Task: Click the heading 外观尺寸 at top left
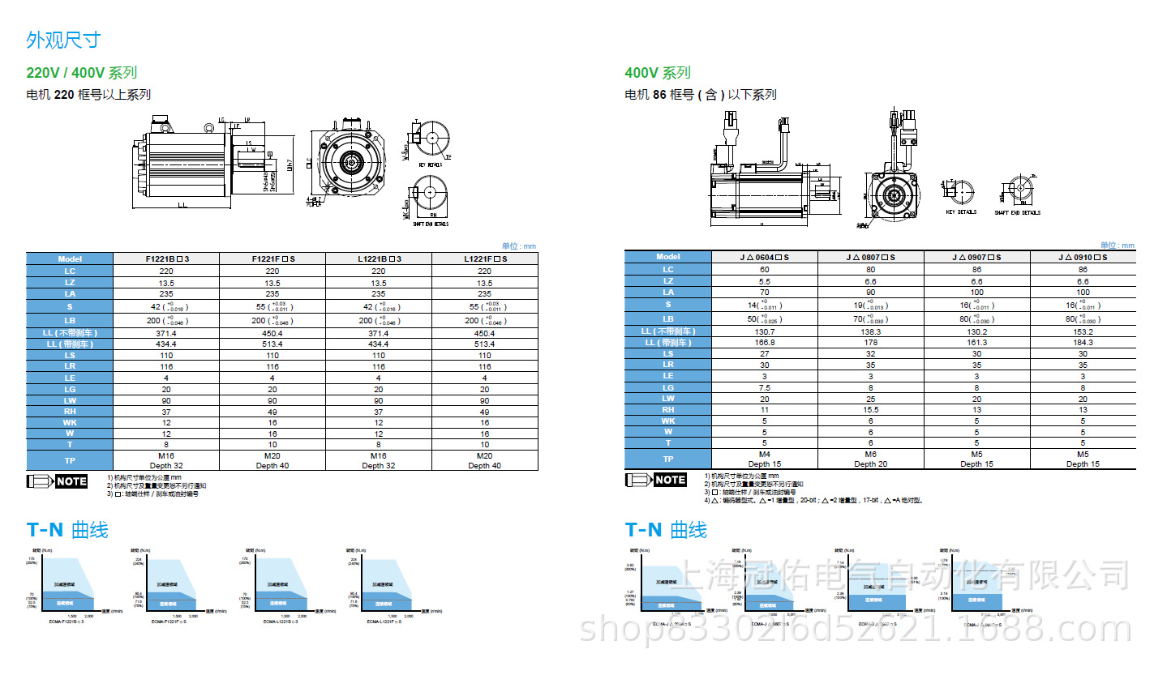(63, 40)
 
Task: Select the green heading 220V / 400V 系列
(81, 73)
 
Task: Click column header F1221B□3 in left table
(166, 258)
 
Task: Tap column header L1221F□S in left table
(484, 258)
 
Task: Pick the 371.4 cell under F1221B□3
(166, 333)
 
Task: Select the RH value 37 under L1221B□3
(378, 411)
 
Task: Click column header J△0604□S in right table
(764, 257)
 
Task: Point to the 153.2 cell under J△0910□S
(1083, 331)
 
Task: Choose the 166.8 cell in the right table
(764, 343)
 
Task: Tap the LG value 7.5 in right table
(764, 388)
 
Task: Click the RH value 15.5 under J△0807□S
(870, 410)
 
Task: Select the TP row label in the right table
(668, 459)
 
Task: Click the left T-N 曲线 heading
(67, 531)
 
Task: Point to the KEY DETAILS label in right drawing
(961, 212)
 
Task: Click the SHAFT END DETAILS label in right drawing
(1017, 213)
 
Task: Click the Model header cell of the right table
(668, 257)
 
